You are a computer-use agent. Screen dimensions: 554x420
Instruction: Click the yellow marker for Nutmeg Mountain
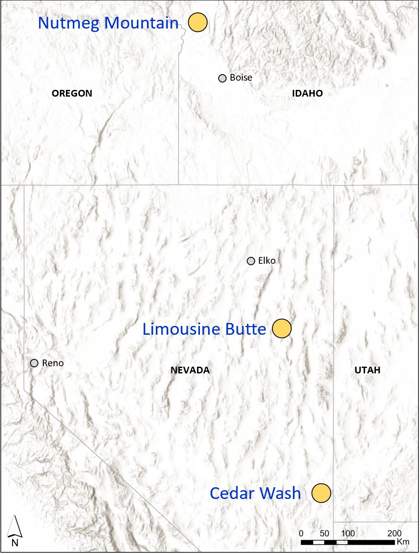tap(198, 22)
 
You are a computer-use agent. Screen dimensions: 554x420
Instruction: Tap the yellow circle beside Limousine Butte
tap(282, 328)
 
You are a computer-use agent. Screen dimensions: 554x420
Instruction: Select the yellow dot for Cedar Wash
tap(321, 493)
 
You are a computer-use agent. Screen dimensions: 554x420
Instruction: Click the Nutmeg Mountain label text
tap(108, 23)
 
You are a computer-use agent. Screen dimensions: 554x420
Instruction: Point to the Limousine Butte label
tap(204, 329)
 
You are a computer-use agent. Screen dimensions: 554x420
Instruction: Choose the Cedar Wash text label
tap(255, 493)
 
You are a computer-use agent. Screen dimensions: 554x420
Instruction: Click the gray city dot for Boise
tap(223, 78)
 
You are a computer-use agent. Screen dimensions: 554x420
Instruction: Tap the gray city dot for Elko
tap(251, 261)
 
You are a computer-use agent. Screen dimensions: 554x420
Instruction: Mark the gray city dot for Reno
tap(34, 363)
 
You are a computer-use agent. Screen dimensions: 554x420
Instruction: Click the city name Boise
tap(241, 78)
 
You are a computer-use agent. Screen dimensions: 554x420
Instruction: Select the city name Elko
tap(267, 261)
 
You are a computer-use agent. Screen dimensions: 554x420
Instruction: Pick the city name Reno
tap(53, 363)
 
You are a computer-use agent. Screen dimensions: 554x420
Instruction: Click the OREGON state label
tap(72, 93)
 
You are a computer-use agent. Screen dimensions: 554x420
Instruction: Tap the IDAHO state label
tap(307, 93)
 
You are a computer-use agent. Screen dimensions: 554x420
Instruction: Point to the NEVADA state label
tap(190, 370)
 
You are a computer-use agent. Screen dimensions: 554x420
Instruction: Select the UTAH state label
tap(367, 370)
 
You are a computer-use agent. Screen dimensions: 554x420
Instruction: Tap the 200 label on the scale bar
tap(394, 533)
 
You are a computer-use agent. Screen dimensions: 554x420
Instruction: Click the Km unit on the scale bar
tap(403, 542)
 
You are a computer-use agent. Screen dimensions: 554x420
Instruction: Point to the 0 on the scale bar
tap(301, 533)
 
